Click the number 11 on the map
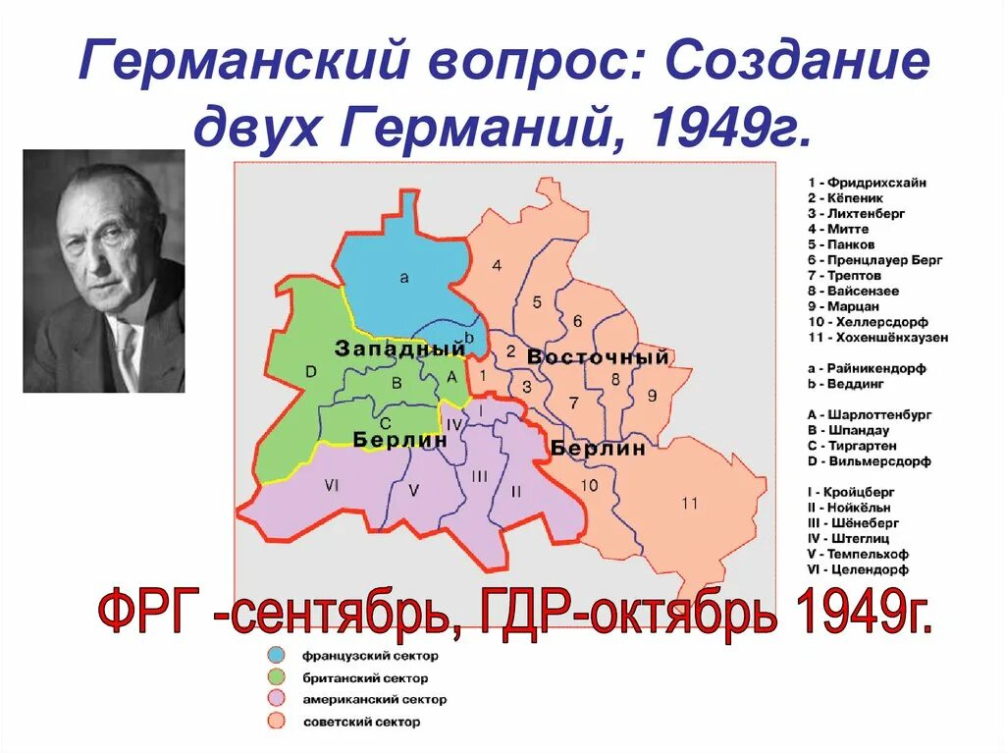click(689, 504)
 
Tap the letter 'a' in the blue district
click(404, 278)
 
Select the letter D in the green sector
click(311, 371)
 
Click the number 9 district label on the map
click(651, 396)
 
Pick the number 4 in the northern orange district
click(498, 265)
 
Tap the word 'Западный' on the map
click(399, 349)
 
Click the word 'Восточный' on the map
click(598, 357)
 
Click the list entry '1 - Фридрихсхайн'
click(867, 183)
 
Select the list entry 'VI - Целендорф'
click(858, 569)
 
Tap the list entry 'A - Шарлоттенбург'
click(869, 414)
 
